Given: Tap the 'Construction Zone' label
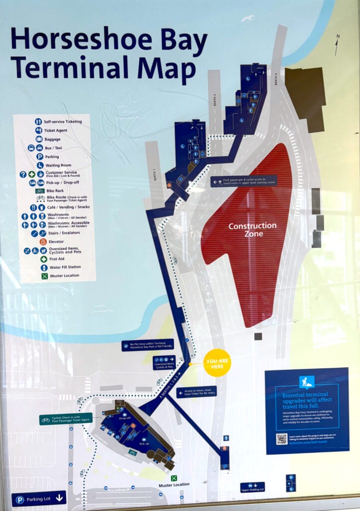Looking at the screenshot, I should tap(252, 230).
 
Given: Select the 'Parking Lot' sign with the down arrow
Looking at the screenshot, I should tap(39, 498).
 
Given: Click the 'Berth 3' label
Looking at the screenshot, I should tap(275, 78).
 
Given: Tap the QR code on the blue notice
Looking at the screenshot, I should tap(282, 440).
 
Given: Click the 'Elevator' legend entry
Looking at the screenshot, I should tap(56, 242).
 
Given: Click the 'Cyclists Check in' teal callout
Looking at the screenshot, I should tap(66, 419).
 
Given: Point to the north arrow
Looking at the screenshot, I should tap(338, 45).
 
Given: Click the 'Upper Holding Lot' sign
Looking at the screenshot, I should tap(252, 487).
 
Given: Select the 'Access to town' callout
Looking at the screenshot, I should tap(196, 392).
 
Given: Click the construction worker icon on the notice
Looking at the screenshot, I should tap(307, 382).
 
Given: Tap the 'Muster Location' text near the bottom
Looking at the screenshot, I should tap(174, 485).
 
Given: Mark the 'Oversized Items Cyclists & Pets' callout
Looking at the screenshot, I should tap(164, 362).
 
